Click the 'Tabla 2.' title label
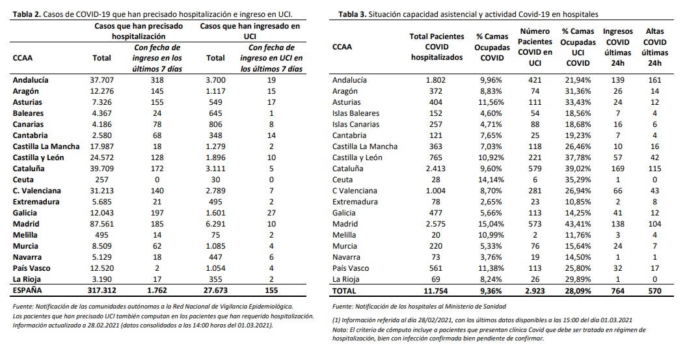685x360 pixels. point(27,13)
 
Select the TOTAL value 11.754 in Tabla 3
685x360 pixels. point(437,290)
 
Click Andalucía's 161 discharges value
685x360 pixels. point(654,80)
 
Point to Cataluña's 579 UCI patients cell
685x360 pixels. point(535,169)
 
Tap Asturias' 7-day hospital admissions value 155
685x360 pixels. point(155,102)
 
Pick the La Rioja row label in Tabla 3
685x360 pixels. point(347,279)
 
